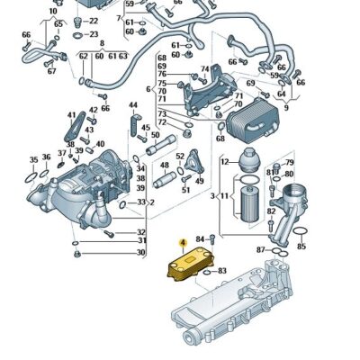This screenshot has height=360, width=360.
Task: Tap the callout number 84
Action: click(201, 238)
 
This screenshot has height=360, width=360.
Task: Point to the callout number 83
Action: click(222, 270)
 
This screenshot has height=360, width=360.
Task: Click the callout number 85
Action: click(301, 245)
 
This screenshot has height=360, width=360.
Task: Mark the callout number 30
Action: click(141, 253)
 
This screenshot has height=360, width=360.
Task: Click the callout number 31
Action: click(141, 240)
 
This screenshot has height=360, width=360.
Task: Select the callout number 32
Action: click(141, 231)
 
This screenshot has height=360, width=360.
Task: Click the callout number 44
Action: click(133, 105)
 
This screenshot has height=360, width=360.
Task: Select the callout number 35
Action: click(33, 159)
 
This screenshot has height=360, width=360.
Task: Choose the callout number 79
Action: click(289, 163)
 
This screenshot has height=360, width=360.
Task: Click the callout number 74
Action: click(205, 69)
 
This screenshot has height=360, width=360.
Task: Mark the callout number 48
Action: click(165, 166)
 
